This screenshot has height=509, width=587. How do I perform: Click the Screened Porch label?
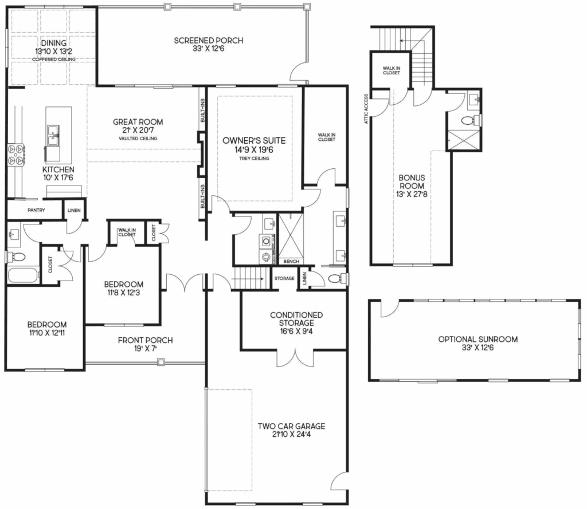[209, 41]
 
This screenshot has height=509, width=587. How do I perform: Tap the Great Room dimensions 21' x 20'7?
[138, 130]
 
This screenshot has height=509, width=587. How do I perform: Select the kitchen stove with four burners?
[16, 155]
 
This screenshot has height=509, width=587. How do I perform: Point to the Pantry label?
[36, 210]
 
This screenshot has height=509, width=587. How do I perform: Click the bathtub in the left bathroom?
[23, 275]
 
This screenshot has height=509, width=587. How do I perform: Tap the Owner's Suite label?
[254, 141]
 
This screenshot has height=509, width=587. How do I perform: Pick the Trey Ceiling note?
[254, 159]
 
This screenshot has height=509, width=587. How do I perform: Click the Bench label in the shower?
[291, 262]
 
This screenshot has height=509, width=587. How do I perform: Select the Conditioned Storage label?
[296, 319]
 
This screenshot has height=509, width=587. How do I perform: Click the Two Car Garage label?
[291, 426]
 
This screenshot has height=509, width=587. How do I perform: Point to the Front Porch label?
[145, 340]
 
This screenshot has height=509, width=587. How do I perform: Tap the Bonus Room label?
[412, 181]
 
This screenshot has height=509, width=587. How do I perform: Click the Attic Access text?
[366, 109]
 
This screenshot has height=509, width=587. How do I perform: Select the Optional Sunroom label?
[478, 339]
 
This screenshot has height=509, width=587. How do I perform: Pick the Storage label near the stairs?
[284, 278]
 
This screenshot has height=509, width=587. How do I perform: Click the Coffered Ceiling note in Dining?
[54, 60]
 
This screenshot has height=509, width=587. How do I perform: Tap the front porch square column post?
[161, 362]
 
